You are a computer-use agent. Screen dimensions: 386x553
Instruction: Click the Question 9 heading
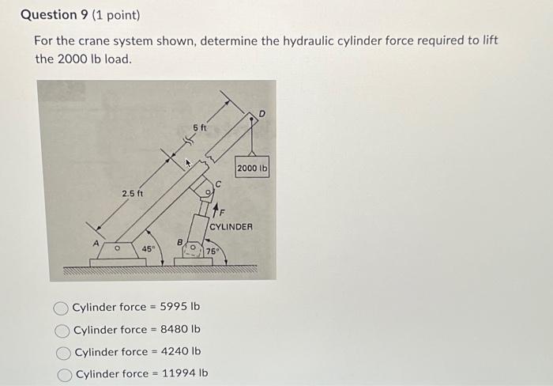tap(52, 14)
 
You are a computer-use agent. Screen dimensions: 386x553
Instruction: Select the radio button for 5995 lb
tap(62, 308)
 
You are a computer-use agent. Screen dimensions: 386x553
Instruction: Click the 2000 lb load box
tap(253, 168)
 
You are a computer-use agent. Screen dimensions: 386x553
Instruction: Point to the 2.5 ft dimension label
tap(132, 193)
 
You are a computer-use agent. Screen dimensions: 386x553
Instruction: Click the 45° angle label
tap(148, 249)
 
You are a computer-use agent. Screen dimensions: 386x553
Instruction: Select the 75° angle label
tap(212, 252)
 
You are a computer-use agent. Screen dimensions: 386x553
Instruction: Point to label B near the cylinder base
tap(179, 243)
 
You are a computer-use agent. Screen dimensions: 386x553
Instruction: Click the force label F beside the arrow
tap(222, 212)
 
